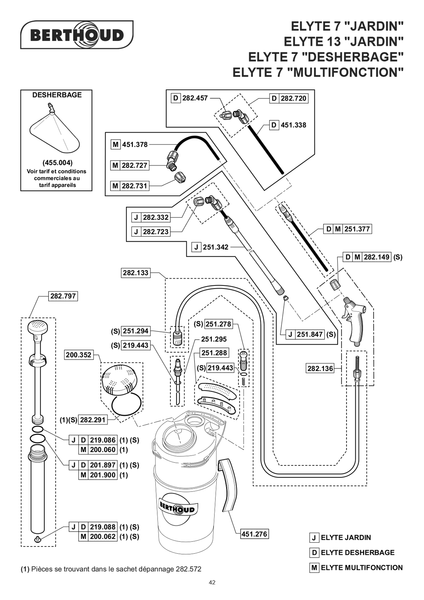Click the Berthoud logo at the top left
[76, 35]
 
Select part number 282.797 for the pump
[63, 296]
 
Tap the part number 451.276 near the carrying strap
[254, 534]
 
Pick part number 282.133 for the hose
[136, 273]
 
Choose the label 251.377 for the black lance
[357, 229]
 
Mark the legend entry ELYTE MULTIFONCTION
[361, 568]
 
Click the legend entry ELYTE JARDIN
[346, 538]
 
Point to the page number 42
[212, 582]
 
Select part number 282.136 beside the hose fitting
[320, 368]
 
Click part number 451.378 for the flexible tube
[135, 144]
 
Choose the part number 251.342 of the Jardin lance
[215, 247]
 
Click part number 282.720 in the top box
[293, 98]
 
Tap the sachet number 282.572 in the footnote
[188, 569]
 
